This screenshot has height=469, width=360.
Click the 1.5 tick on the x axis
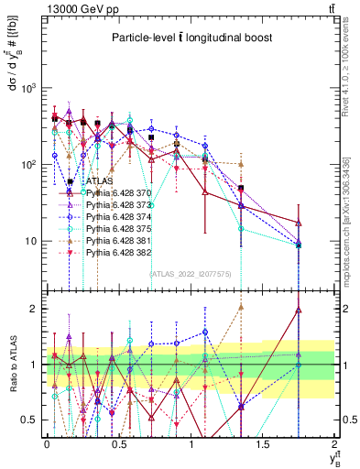(x=263, y=443)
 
